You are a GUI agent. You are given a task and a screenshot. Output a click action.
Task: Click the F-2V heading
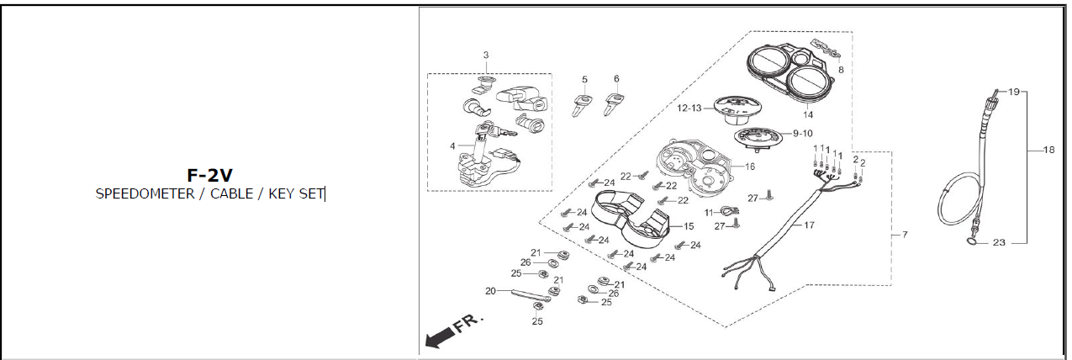(209, 175)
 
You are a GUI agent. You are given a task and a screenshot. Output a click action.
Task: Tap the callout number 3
(485, 56)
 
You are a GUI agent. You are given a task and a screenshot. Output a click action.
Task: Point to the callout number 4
(452, 146)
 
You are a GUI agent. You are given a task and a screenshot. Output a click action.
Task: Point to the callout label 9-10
(803, 133)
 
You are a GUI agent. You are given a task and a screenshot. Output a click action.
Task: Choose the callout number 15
(689, 226)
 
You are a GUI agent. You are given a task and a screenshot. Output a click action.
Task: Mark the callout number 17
(809, 225)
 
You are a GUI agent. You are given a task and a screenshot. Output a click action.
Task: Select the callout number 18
(1048, 150)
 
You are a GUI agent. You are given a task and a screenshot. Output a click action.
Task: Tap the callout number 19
(1013, 91)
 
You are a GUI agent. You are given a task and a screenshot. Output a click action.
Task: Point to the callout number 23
(999, 243)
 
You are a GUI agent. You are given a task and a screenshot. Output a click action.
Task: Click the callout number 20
(491, 291)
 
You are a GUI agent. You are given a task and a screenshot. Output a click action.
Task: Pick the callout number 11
(708, 211)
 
